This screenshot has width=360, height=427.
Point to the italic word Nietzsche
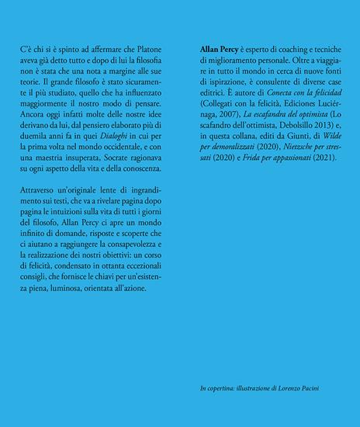coord(288,154)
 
